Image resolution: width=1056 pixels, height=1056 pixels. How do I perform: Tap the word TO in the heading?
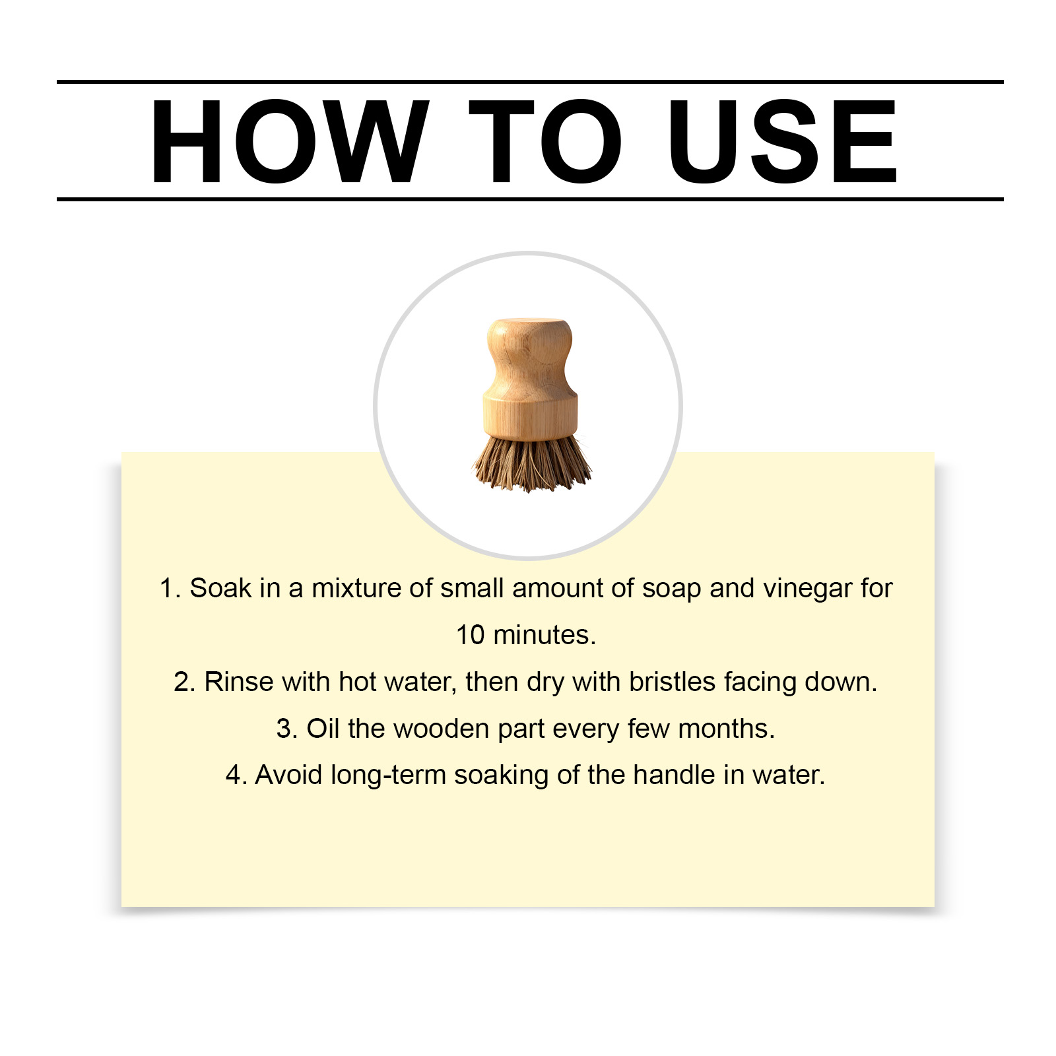pos(545,141)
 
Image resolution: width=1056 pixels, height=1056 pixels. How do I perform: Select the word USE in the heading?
pos(783,141)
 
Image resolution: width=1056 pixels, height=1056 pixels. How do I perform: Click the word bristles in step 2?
pos(672,682)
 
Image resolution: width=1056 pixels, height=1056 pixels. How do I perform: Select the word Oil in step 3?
pos(323,729)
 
